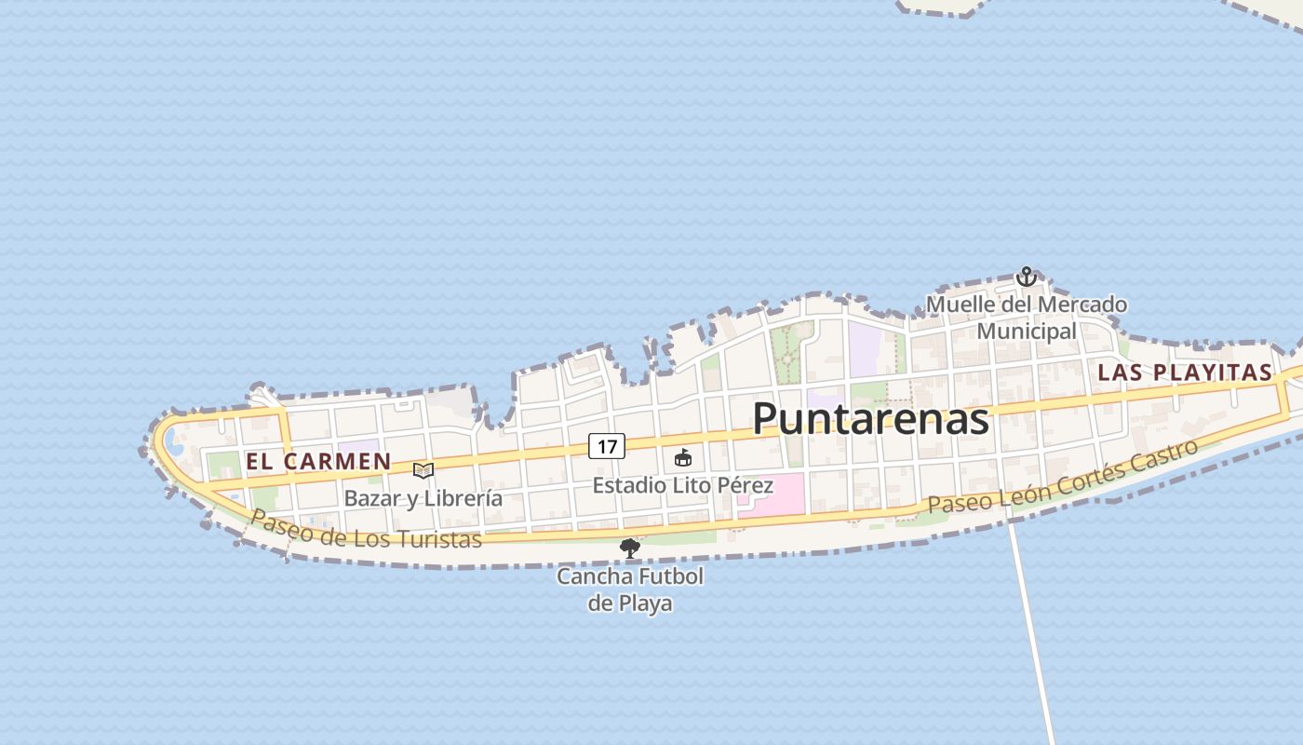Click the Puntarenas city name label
(x=870, y=418)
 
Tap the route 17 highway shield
(x=607, y=446)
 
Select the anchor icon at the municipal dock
(x=1026, y=277)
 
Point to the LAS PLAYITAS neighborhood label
(x=1184, y=372)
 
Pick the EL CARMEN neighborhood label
(x=318, y=461)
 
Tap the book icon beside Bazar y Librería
(x=423, y=471)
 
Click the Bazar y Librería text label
(x=423, y=498)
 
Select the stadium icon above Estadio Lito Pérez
(x=683, y=458)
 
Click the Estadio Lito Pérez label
(x=683, y=485)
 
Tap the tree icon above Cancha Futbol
(x=630, y=549)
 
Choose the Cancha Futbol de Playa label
(x=630, y=589)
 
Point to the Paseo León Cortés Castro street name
(x=1061, y=478)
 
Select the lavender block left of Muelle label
(x=864, y=348)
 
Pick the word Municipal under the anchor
(x=1027, y=332)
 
